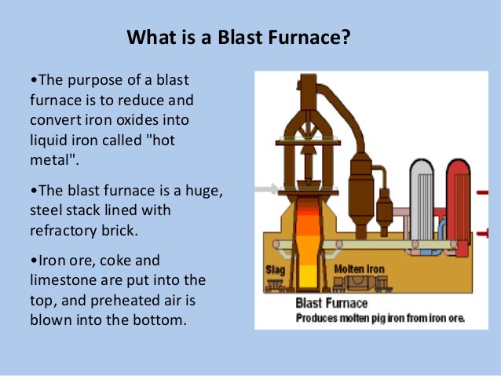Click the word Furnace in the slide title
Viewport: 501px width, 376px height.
coord(304,37)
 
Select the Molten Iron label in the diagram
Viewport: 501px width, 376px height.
coord(359,269)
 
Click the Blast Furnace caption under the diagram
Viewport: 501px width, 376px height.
coord(331,303)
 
